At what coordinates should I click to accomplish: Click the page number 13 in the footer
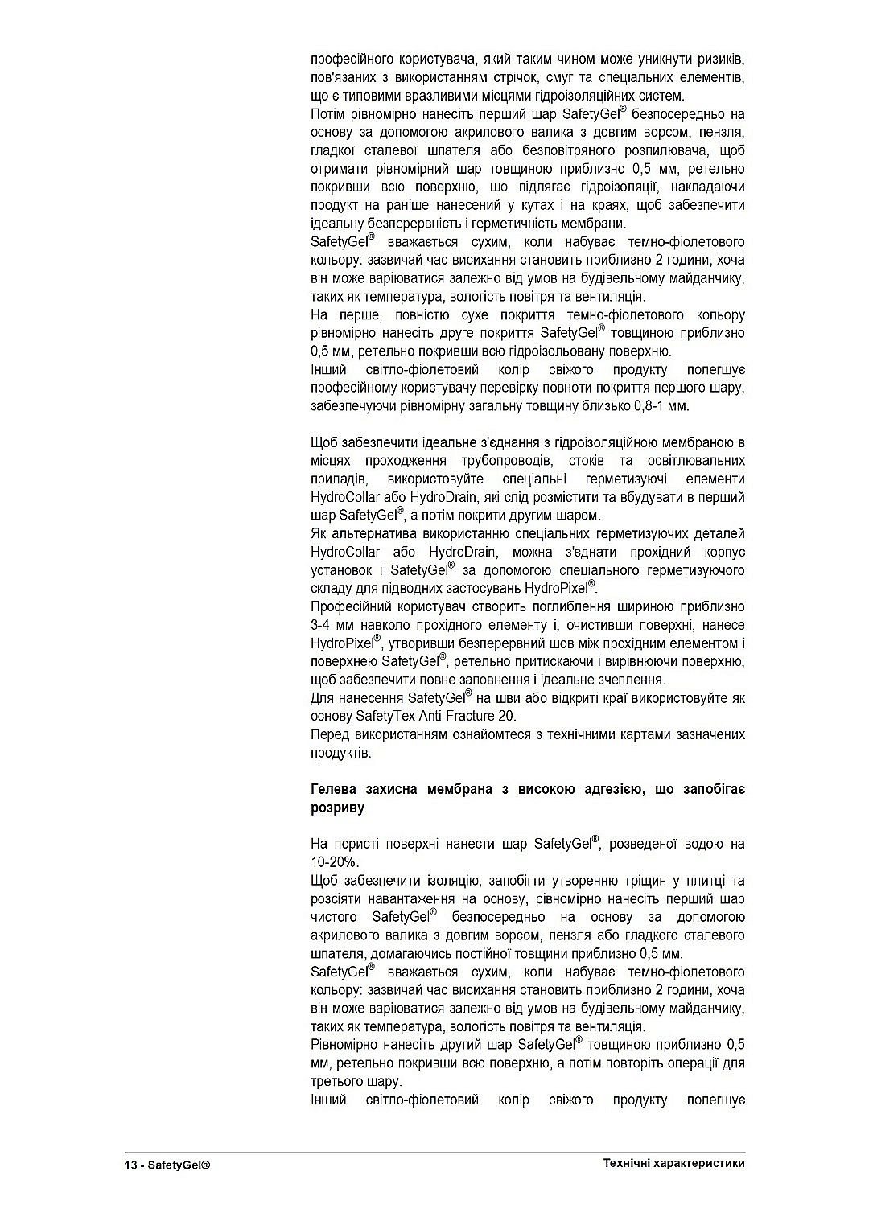pyautogui.click(x=130, y=1165)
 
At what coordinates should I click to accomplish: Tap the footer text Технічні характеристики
pyautogui.click(x=673, y=1164)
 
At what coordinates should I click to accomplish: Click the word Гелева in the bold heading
pyautogui.click(x=334, y=790)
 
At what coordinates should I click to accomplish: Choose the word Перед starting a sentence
pyautogui.click(x=329, y=734)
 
